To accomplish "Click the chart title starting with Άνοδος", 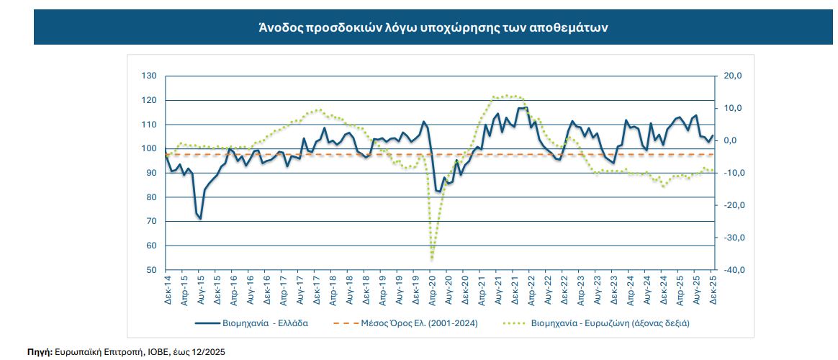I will (433, 28).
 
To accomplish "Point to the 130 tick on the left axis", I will (150, 76).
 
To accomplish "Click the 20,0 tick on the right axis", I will (731, 76).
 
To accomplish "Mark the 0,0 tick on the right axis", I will (731, 140).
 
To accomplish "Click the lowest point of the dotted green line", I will (431, 259).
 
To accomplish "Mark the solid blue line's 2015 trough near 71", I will (199, 218).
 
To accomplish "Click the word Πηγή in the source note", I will (39, 352).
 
